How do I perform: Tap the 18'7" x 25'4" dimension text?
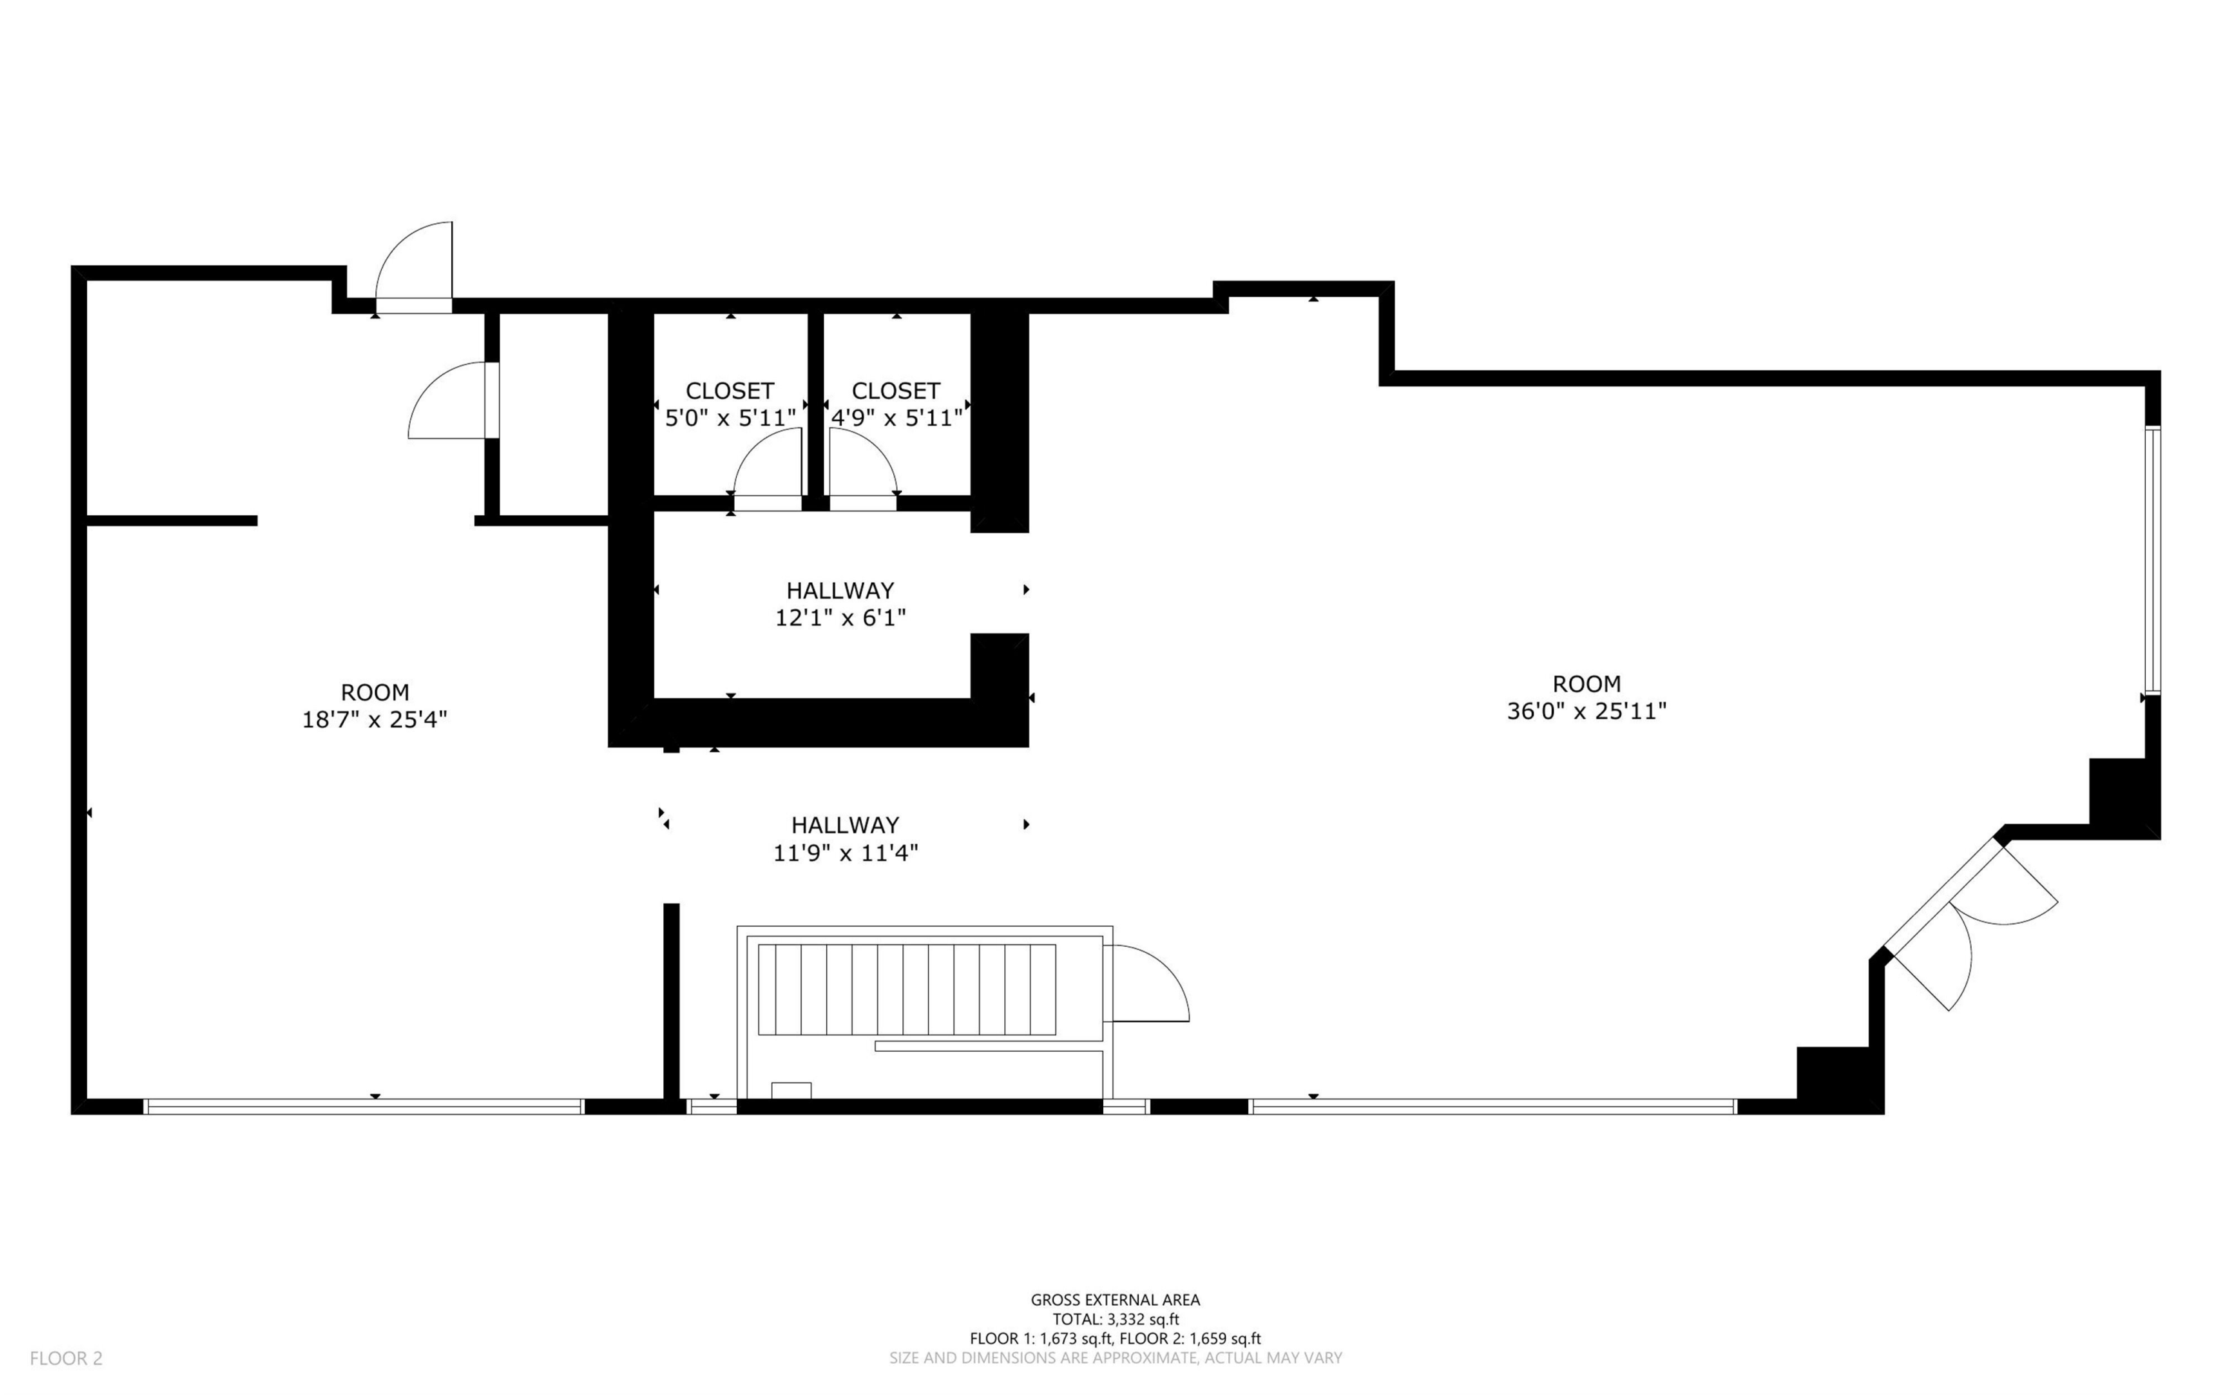[x=374, y=720]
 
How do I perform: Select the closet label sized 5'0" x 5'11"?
[x=729, y=404]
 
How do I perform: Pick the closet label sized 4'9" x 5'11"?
[x=896, y=404]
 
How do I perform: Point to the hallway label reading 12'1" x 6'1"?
[x=840, y=604]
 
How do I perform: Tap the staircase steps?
[x=907, y=989]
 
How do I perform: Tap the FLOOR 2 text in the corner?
[x=66, y=1358]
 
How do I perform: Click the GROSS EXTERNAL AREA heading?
[x=1115, y=1300]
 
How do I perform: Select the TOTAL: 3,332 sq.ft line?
[x=1115, y=1319]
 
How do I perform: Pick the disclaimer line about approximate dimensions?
[x=1115, y=1358]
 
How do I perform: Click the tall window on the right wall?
[x=2153, y=560]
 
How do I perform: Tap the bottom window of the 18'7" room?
[x=364, y=1107]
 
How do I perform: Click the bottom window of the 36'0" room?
[x=1493, y=1107]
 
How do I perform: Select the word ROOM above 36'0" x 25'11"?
[x=1586, y=683]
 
